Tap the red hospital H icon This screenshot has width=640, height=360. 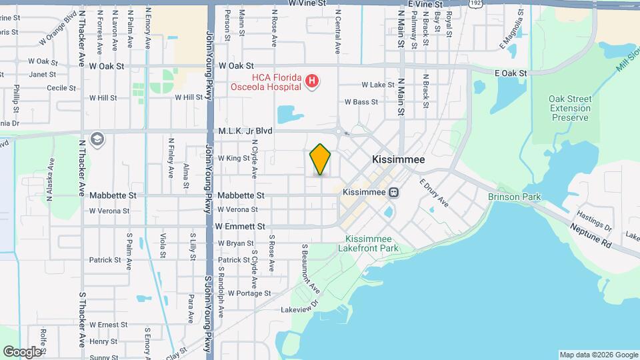click(311, 81)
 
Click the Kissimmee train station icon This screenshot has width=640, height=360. click(394, 193)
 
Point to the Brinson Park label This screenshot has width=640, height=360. click(514, 197)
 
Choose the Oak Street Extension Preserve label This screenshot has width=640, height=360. click(569, 108)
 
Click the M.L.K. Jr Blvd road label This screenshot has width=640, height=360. click(240, 131)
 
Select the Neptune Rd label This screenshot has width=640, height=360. click(591, 235)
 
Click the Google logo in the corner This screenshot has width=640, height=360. click(22, 351)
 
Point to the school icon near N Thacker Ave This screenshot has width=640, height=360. click(97, 139)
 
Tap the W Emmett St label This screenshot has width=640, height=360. click(240, 227)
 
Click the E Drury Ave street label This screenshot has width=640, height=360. click(435, 193)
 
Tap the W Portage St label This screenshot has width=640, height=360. click(249, 293)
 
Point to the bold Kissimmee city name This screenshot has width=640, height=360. click(397, 161)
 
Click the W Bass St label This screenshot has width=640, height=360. click(361, 102)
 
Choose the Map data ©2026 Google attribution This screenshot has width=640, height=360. click(597, 355)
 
